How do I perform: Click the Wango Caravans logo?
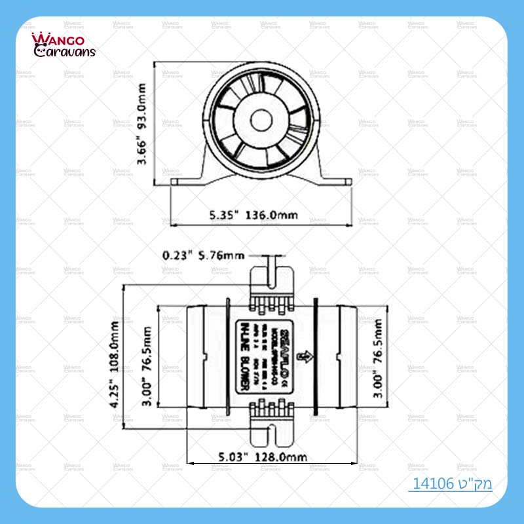(x=64, y=45)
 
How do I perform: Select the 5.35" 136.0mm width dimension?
(x=253, y=214)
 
